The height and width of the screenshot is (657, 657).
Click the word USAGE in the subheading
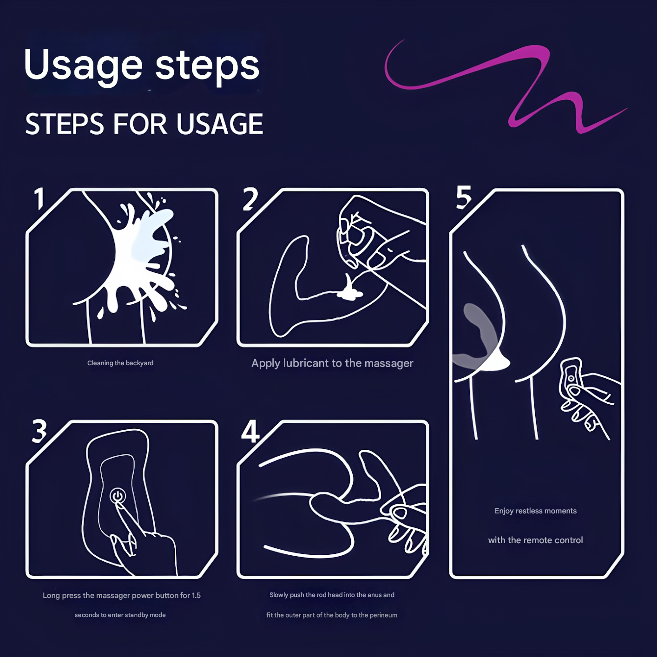[220, 124]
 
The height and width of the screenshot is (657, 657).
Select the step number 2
[250, 199]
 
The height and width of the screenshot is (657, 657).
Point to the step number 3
[39, 431]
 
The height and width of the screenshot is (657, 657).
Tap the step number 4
[250, 431]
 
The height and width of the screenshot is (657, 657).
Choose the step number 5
[463, 198]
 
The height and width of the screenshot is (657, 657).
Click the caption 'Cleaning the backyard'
[120, 363]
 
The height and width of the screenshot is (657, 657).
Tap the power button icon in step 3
[118, 496]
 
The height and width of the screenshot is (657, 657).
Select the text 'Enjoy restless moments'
[536, 511]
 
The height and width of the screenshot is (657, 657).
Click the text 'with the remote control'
[535, 540]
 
